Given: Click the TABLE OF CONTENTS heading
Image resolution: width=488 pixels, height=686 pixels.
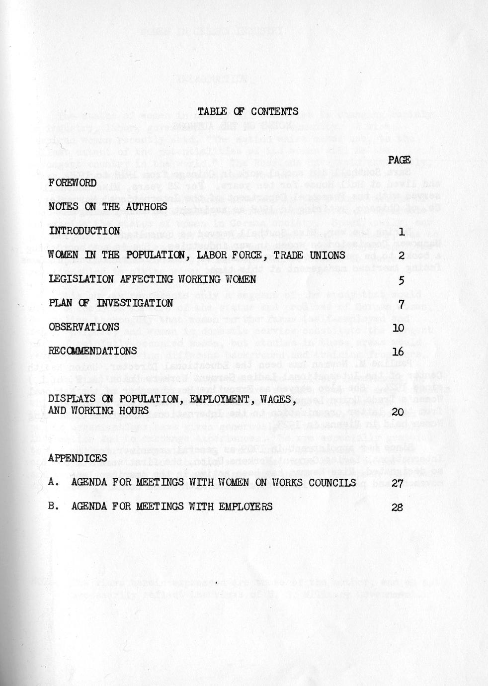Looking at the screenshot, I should [x=248, y=111].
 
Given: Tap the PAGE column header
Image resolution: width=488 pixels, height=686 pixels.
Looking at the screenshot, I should [x=399, y=160].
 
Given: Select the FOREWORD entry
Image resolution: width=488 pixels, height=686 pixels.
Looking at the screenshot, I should [x=72, y=183].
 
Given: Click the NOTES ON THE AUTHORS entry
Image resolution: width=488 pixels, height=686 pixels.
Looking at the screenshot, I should [x=108, y=206].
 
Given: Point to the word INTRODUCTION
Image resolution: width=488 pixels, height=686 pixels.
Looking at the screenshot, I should [x=84, y=231].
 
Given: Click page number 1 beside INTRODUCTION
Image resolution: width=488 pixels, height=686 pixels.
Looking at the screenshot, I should [x=401, y=231].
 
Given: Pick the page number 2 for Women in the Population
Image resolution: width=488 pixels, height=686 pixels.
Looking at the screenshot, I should [x=401, y=256].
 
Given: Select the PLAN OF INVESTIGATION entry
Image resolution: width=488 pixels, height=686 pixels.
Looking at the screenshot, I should [x=111, y=303].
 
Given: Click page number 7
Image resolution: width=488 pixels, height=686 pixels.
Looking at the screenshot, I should [x=401, y=304].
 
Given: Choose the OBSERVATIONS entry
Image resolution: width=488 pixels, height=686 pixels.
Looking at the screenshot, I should [x=84, y=327].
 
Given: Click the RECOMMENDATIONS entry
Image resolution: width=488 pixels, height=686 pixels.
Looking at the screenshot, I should [x=92, y=350].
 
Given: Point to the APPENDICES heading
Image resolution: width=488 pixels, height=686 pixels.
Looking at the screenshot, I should [x=78, y=458].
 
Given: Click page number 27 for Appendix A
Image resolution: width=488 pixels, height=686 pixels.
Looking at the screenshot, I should [x=397, y=483].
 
